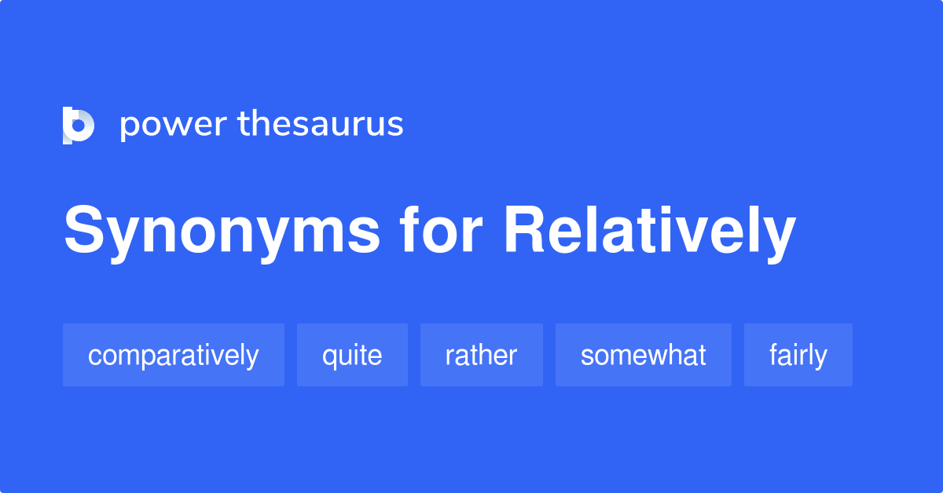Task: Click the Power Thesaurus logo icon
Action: (79, 125)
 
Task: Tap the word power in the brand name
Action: (172, 125)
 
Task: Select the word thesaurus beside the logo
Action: (320, 125)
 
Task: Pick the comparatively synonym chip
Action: (173, 355)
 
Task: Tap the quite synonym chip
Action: (352, 355)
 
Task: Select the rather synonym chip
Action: (481, 355)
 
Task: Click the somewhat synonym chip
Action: (643, 355)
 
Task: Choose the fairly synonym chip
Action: (798, 355)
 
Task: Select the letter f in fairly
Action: (774, 354)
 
